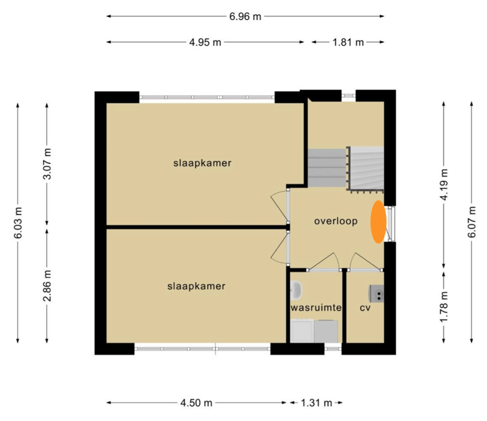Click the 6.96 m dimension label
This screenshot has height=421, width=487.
[x=245, y=16]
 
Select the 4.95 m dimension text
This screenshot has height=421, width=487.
[x=205, y=42]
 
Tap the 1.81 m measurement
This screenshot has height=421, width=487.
[x=348, y=42]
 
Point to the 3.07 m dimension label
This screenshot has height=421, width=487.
[x=47, y=164]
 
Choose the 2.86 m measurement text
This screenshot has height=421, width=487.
[x=47, y=286]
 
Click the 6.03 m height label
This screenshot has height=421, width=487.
[x=18, y=222]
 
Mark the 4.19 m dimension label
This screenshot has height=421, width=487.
[x=444, y=185]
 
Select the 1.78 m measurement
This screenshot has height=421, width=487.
[x=444, y=307]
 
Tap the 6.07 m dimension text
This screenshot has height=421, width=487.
[x=472, y=222]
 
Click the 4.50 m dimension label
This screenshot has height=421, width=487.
[x=196, y=403]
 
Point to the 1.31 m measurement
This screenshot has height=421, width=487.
[x=317, y=403]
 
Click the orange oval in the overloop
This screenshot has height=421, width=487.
[x=378, y=222]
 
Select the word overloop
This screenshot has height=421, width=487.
[x=336, y=221]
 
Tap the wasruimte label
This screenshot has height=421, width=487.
[x=316, y=308]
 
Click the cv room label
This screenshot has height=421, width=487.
[x=365, y=308]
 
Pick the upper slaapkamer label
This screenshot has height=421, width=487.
[x=202, y=163]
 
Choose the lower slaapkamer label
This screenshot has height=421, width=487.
[x=196, y=286]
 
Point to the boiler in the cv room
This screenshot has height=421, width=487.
[x=376, y=293]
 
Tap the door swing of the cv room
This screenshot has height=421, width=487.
[x=363, y=261]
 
